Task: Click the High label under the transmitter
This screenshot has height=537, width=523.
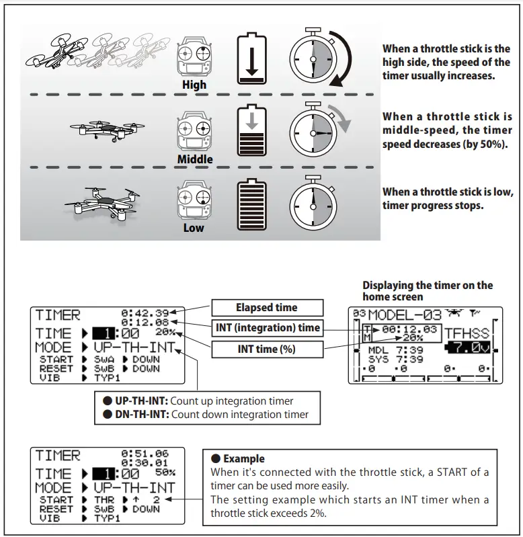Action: [194, 85]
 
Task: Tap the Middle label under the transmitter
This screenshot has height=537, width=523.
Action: [194, 159]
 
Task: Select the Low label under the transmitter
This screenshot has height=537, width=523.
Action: [194, 228]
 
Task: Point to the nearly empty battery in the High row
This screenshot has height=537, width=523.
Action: [251, 60]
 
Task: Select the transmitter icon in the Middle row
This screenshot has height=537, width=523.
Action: [194, 131]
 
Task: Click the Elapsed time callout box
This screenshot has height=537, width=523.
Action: [266, 308]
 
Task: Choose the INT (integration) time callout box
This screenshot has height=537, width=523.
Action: [266, 329]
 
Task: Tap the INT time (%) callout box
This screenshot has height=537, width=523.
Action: [266, 349]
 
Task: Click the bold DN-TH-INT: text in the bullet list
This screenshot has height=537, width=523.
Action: [142, 415]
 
